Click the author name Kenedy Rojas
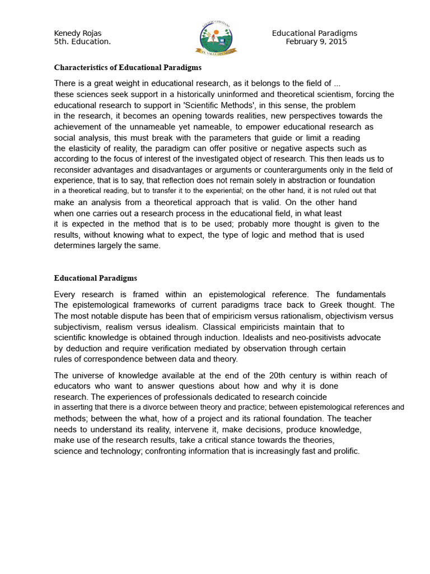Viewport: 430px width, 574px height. [x=78, y=33]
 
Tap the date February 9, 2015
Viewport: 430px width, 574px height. [x=316, y=41]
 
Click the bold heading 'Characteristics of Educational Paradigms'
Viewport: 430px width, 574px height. [x=128, y=67]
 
